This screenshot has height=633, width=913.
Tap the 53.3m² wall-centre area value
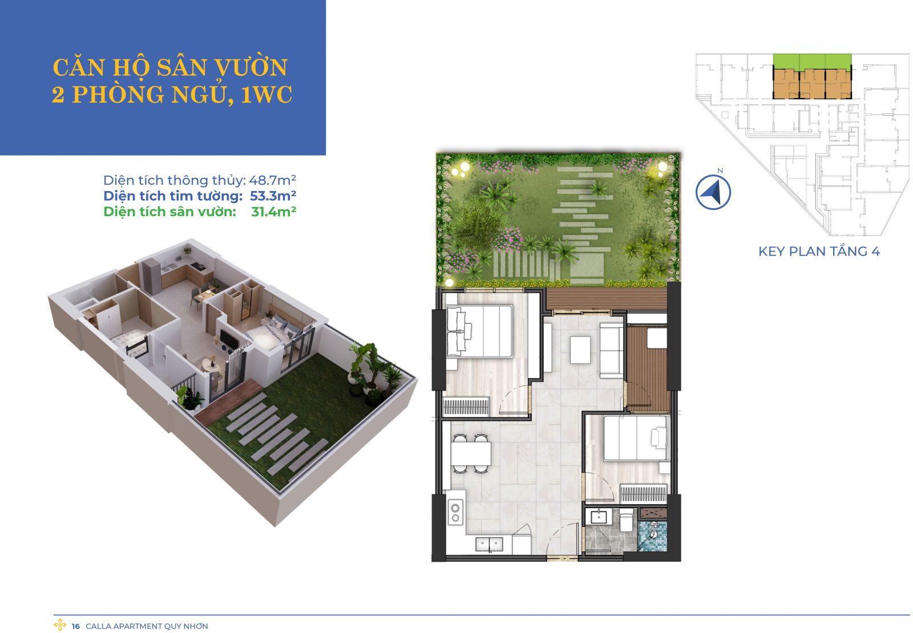point(273,196)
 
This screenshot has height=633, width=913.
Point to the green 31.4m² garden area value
point(273,212)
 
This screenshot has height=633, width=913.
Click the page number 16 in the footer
point(76,626)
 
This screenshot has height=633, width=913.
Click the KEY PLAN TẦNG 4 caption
point(819,251)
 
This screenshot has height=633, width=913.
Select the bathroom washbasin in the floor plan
point(599,517)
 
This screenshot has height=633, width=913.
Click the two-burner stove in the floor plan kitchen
point(455,513)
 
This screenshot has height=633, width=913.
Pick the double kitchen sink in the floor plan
point(489,544)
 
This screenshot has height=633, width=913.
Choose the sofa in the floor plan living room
point(611,350)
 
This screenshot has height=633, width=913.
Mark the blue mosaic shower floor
point(653,536)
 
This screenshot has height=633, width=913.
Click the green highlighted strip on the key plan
point(812,62)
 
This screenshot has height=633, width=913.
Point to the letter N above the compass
point(720,171)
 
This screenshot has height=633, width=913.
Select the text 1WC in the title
point(266,95)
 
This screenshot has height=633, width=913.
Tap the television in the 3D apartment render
point(225,337)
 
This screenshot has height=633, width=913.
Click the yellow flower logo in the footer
point(60,624)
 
